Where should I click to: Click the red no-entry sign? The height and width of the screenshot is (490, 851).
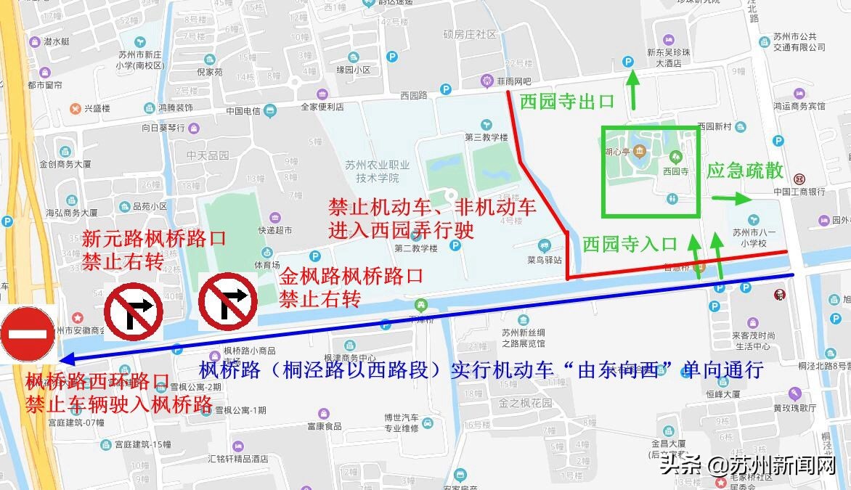tap(28, 335)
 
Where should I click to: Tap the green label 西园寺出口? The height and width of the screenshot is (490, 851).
tap(567, 102)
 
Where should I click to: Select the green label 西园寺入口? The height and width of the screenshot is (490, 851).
tap(630, 244)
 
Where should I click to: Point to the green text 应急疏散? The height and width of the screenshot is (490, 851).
tap(745, 171)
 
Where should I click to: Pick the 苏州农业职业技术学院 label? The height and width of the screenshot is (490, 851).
tap(372, 171)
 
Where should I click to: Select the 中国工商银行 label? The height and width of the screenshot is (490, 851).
tap(799, 192)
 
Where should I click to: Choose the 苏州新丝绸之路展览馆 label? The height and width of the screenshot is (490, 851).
tap(523, 338)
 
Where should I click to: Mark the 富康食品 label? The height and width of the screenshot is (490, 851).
tap(324, 426)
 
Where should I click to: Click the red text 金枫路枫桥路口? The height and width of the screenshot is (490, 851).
tap(351, 277)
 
